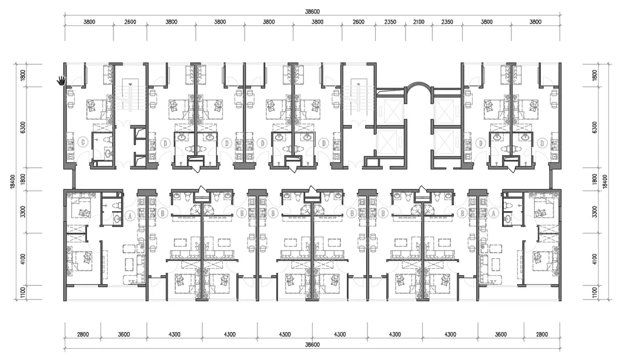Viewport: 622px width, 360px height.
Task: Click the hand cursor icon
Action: (x=61, y=79)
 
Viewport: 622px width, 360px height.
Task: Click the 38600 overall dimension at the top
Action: (x=312, y=10)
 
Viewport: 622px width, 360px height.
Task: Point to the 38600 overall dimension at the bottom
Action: (x=312, y=345)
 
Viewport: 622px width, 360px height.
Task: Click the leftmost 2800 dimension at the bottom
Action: (x=82, y=334)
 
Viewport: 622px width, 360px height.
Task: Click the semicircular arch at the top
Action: (x=419, y=89)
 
